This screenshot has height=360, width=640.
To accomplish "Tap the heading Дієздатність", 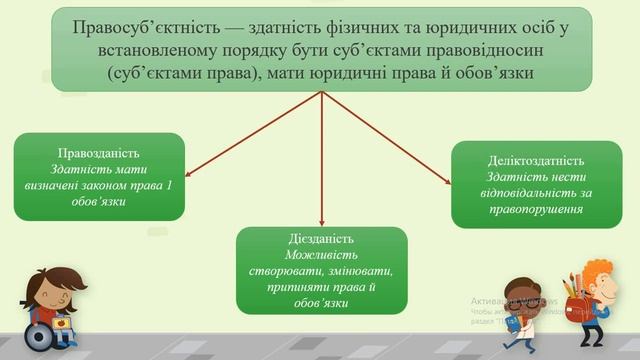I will [x=321, y=239].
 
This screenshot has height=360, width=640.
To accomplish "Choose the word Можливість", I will [x=321, y=255].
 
